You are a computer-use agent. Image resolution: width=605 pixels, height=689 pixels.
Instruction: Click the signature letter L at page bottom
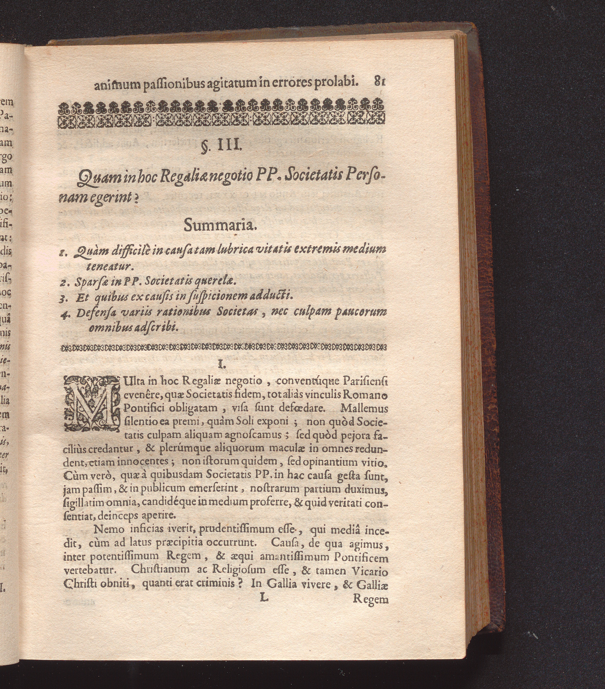click(x=264, y=598)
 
